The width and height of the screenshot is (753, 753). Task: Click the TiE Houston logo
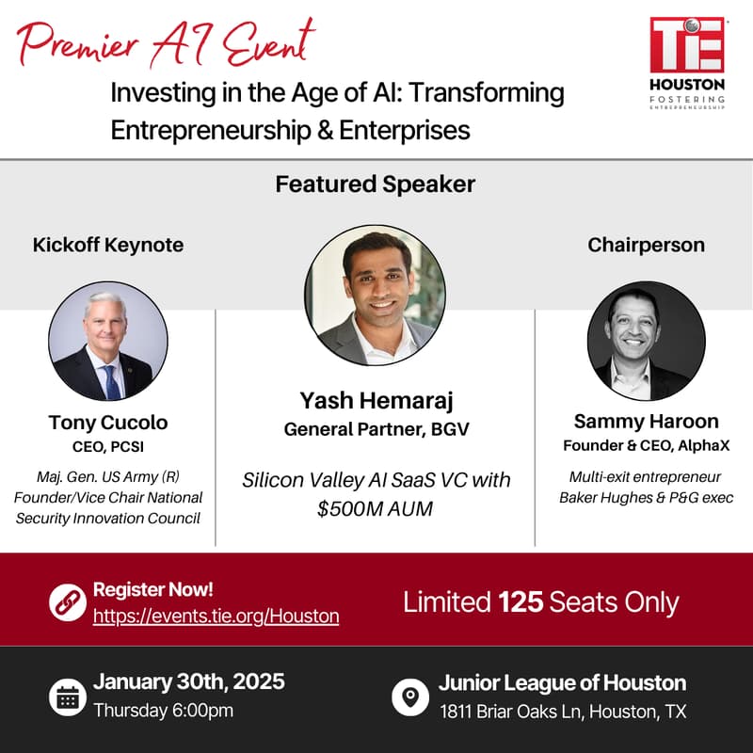(x=687, y=63)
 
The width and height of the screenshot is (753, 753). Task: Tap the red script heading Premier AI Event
(x=167, y=43)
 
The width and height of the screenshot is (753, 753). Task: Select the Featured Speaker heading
(x=375, y=184)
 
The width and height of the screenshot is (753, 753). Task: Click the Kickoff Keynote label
(x=108, y=245)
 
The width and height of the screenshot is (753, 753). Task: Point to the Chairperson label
(x=646, y=245)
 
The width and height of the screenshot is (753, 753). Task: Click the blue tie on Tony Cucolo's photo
(x=111, y=382)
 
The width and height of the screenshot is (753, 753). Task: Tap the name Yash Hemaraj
(x=376, y=401)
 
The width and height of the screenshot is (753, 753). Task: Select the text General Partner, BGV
(x=376, y=429)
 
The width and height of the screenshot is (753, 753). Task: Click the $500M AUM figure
(x=375, y=508)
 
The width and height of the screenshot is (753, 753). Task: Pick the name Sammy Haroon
(x=646, y=421)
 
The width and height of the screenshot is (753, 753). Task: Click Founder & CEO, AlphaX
(x=646, y=445)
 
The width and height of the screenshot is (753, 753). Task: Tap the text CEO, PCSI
(x=108, y=446)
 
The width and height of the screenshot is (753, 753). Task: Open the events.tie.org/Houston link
(x=216, y=617)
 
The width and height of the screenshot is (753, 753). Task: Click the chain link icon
(x=68, y=602)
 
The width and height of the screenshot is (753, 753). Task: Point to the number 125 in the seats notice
(x=521, y=602)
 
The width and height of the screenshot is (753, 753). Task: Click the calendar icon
(x=68, y=697)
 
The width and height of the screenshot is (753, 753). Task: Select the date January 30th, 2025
(x=189, y=681)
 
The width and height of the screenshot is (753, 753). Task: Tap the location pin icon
(x=410, y=697)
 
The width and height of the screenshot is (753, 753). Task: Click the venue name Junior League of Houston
(x=562, y=683)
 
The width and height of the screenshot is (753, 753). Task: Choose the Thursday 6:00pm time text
(x=163, y=711)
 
